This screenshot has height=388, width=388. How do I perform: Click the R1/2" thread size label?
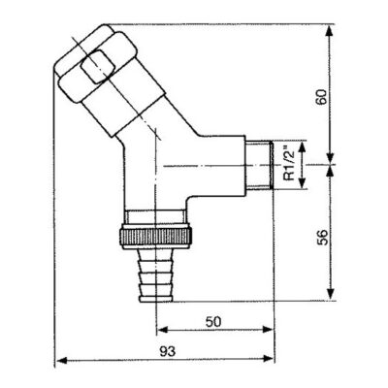(289, 166)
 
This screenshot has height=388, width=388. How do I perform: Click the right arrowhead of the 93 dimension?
(275, 361)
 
